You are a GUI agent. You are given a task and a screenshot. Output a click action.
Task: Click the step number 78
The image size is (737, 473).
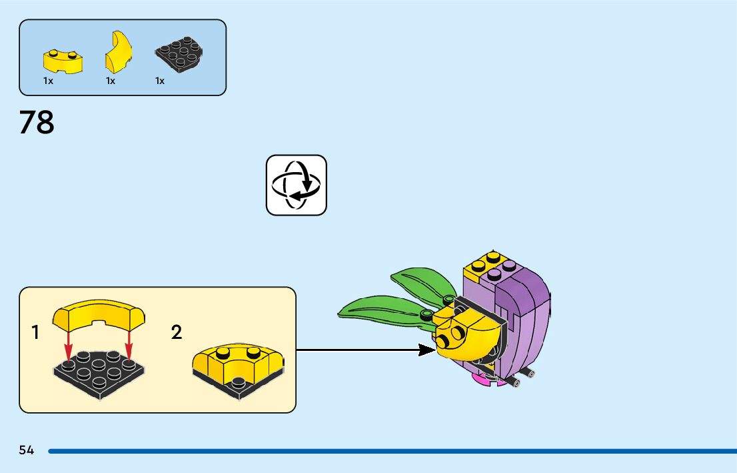pyautogui.click(x=37, y=123)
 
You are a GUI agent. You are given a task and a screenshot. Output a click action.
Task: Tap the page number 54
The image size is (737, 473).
pyautogui.click(x=27, y=450)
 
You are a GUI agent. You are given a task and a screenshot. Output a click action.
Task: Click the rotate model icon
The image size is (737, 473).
pyautogui.click(x=297, y=185)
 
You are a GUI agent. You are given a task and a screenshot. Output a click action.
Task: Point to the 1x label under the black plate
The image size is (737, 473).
pyautogui.click(x=160, y=81)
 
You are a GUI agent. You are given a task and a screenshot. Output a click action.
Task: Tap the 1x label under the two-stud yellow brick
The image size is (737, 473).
pyautogui.click(x=48, y=81)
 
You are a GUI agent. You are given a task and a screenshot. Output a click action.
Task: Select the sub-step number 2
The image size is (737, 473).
pyautogui.click(x=177, y=332)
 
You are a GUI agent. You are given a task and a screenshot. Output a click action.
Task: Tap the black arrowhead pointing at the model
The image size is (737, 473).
pyautogui.click(x=427, y=350)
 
